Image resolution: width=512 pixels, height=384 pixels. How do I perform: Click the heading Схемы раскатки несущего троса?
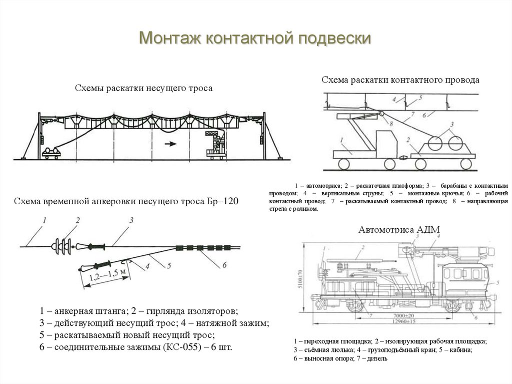click(143, 88)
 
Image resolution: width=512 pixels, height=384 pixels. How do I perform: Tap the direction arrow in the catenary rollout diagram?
click(170, 144)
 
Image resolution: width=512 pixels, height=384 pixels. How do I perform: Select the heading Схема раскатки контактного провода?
click(400, 80)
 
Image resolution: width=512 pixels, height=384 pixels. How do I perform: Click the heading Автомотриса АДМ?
click(398, 230)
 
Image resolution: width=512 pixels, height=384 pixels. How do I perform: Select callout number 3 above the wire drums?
click(451, 124)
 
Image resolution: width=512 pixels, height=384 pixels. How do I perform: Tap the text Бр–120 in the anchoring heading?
click(223, 202)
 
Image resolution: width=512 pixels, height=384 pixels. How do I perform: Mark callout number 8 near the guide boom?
click(391, 123)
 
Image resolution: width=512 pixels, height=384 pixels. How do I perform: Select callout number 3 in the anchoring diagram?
click(130, 220)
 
